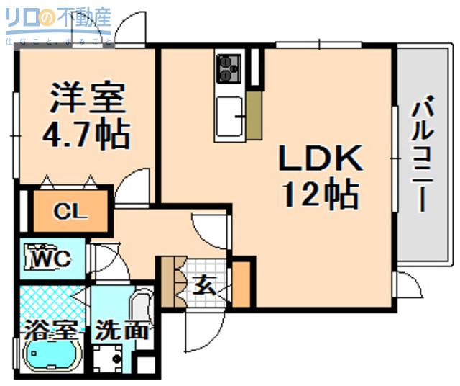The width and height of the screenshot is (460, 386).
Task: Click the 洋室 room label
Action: point(87,99)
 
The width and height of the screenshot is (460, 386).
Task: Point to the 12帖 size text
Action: point(320,193)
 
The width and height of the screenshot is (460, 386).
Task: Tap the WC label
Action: point(50,257)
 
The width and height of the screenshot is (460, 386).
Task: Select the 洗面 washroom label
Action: point(123,332)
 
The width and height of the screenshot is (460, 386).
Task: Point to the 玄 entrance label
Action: point(204,284)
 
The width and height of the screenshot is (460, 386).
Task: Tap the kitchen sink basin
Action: point(230,115)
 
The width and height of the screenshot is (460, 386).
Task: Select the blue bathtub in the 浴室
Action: point(54,354)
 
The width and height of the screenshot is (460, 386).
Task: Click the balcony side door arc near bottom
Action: point(406,284)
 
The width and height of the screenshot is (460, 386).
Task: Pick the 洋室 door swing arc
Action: point(133,186)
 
